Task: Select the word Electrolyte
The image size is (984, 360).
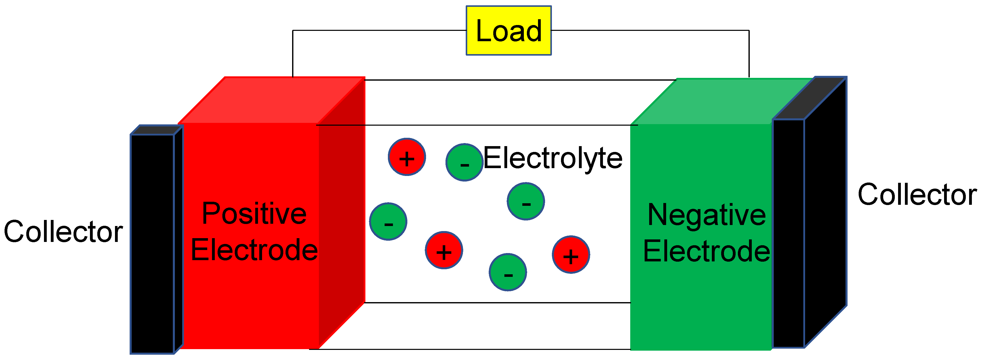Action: pos(553,158)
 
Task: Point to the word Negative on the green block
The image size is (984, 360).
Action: pos(707,215)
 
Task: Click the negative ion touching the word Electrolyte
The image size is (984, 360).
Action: pos(464,162)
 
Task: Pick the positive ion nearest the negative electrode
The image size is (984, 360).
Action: pos(571,255)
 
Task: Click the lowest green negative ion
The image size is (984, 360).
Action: pos(508,272)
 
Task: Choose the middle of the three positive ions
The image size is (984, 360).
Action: pos(444,250)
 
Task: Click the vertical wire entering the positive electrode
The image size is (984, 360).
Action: pos(293,54)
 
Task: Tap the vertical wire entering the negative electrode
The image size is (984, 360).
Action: pos(749,54)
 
